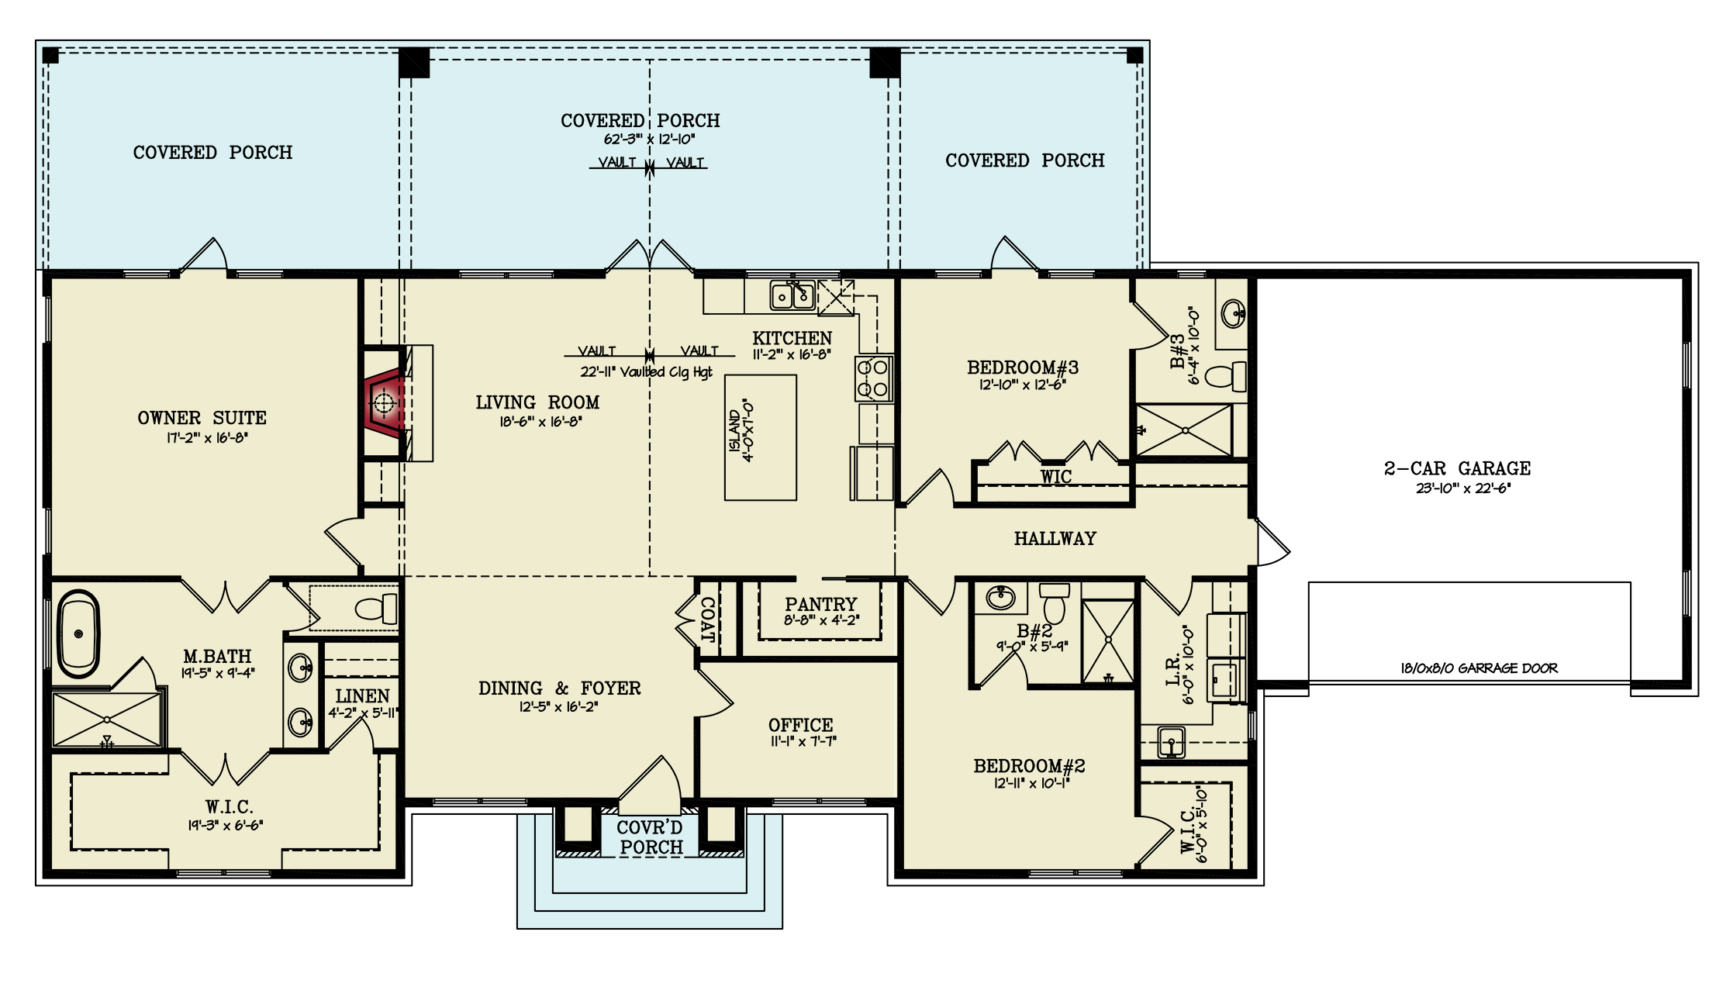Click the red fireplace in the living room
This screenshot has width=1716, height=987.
click(x=385, y=402)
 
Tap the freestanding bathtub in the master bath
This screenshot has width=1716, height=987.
click(x=78, y=634)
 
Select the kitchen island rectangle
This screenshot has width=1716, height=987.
click(x=761, y=437)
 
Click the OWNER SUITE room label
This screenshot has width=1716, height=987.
click(x=202, y=418)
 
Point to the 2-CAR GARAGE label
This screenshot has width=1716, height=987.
click(x=1458, y=468)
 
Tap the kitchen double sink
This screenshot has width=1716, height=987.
click(x=792, y=295)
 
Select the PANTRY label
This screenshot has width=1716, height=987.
click(x=820, y=603)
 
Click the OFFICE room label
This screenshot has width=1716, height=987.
click(x=801, y=725)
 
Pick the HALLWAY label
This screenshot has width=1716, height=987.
click(x=1055, y=538)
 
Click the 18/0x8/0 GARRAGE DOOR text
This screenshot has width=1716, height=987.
click(x=1479, y=668)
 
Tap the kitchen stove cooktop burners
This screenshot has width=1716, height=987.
click(x=875, y=378)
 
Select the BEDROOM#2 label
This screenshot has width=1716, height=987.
click(x=1029, y=766)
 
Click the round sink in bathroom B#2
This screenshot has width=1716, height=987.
click(x=1000, y=598)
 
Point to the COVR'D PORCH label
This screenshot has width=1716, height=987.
click(x=651, y=838)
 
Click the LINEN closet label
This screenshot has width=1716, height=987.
click(x=363, y=696)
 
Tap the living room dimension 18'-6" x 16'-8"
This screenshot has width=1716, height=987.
click(x=540, y=422)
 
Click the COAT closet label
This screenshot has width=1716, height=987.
click(x=707, y=619)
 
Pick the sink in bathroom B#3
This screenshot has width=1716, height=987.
click(x=1233, y=314)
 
